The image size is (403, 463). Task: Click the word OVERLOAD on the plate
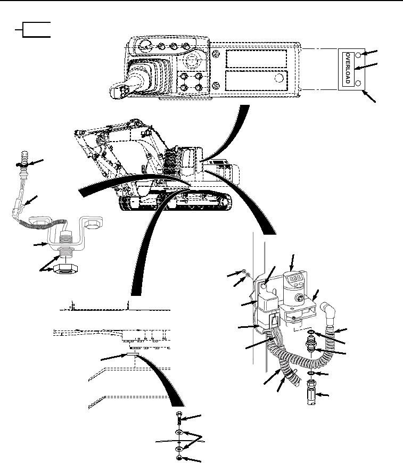tap(348, 69)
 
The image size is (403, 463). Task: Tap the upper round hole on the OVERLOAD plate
tap(358, 55)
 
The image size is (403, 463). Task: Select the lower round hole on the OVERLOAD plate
tap(358, 83)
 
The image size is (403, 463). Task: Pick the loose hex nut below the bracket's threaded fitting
tap(65, 269)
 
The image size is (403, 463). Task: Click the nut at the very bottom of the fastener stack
tap(179, 458)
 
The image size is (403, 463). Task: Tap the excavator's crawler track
tap(175, 200)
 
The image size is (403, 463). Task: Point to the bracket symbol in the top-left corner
tap(33, 30)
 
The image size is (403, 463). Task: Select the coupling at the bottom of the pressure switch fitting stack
tap(311, 392)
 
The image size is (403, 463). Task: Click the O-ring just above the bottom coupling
tap(311, 373)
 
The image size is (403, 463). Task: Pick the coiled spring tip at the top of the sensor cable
tap(25, 158)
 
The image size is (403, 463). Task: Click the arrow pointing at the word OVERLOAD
tap(366, 66)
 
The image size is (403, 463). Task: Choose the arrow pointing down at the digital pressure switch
tap(292, 262)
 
